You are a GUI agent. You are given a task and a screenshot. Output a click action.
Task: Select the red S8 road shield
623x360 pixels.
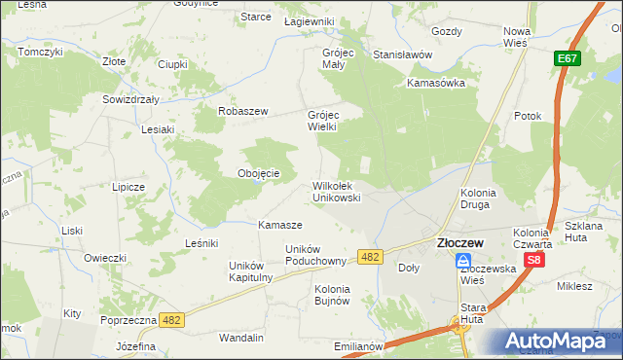(x=533, y=260)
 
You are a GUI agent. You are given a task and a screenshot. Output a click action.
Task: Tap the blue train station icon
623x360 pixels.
(x=464, y=261)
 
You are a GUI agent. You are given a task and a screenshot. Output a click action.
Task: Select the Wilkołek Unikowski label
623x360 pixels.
(x=337, y=191)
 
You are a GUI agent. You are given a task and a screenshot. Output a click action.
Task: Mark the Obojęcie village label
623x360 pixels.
(x=259, y=173)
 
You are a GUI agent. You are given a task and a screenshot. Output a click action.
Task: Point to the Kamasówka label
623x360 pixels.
(x=436, y=83)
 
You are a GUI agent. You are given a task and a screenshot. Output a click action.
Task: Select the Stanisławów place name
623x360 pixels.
(x=402, y=54)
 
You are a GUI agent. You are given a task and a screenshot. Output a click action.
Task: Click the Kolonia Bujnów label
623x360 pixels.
(x=332, y=294)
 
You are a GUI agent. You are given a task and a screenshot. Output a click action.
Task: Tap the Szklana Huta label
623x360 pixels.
(x=584, y=232)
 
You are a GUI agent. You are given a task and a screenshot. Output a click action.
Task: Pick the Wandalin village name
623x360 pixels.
(x=241, y=338)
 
